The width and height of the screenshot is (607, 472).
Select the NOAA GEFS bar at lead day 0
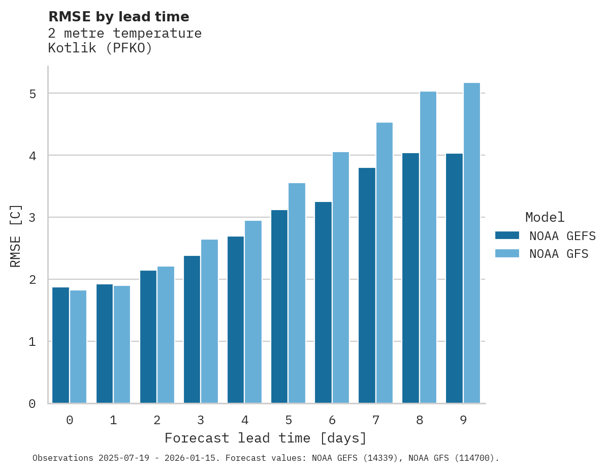point(61,345)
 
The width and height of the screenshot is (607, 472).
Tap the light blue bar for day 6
point(341,278)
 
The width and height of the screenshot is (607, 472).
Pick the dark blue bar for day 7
point(367,285)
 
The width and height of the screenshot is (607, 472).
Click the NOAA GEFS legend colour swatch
point(507,235)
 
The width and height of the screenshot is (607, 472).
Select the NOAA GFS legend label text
point(559,254)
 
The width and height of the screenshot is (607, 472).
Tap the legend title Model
point(545,218)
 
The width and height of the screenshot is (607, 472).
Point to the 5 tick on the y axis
point(32,94)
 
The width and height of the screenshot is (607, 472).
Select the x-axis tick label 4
point(245,421)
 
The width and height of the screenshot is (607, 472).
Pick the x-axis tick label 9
point(463,421)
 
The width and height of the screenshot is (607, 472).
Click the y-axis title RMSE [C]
point(16,235)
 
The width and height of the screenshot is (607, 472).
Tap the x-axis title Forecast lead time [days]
point(265,438)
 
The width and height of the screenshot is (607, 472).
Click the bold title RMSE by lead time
point(118,17)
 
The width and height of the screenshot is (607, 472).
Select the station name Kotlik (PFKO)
point(100,48)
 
